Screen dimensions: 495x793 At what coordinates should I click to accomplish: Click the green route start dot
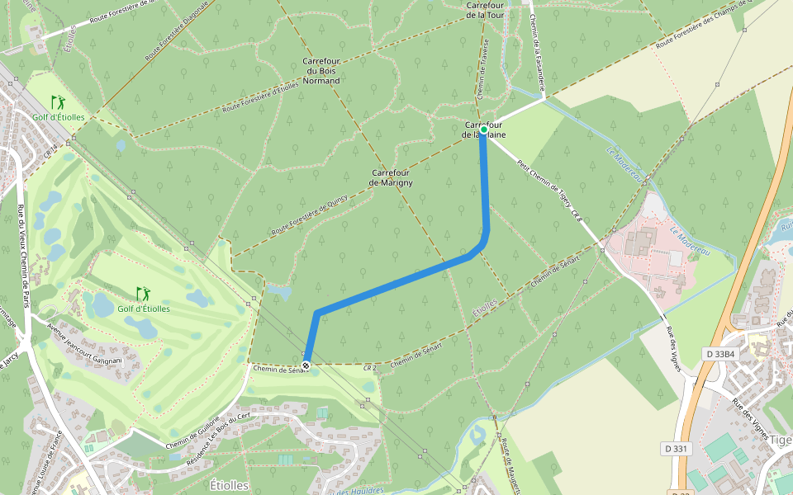[484, 130]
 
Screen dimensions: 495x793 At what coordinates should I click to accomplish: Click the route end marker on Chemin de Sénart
[306, 364]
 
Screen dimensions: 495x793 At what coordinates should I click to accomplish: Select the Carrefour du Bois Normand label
[321, 71]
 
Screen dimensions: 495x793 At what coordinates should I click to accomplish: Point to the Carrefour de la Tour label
[485, 9]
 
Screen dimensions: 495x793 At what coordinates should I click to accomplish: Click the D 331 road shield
[677, 448]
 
